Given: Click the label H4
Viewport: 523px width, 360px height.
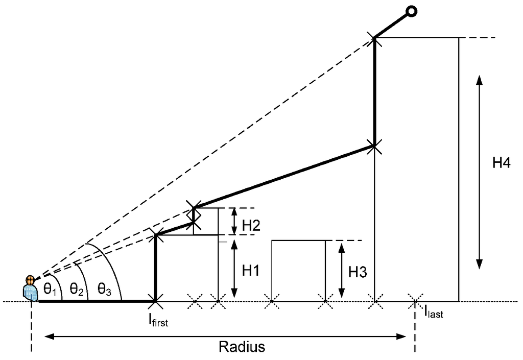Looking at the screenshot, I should tap(502, 163).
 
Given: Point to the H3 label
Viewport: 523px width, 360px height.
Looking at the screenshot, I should tap(358, 272).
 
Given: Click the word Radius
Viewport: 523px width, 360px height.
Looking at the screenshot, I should tap(242, 347).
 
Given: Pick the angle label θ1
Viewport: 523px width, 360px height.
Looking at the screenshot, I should tap(50, 291).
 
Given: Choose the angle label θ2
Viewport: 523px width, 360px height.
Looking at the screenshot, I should tap(77, 291).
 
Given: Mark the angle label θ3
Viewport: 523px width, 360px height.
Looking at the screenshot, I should tap(105, 291).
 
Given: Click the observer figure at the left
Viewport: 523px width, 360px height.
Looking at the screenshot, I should tap(31, 289).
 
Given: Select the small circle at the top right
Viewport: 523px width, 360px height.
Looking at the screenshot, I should tap(412, 11).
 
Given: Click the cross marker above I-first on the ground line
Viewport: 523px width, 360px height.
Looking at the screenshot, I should tap(155, 301).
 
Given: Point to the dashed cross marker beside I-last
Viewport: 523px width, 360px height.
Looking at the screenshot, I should tap(414, 301).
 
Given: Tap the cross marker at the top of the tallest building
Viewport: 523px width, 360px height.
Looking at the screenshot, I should tap(375, 38).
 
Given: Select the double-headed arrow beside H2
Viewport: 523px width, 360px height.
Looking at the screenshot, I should tap(234, 221).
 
